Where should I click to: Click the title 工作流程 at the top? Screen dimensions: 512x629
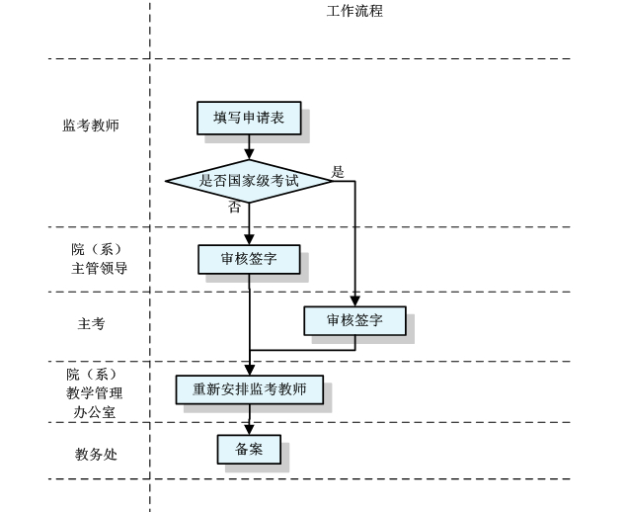coord(354,12)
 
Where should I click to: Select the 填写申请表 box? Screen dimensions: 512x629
coord(249,119)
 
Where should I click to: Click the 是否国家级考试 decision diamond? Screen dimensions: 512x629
coord(249,181)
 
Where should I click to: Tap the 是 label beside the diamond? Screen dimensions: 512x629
coord(339,172)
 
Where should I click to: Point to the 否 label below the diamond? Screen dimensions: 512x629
coord(234,208)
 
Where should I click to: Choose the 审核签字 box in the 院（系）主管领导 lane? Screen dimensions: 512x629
coord(249,259)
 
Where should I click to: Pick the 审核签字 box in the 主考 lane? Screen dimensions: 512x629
coord(354,320)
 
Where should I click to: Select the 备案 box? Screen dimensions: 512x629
coord(249,449)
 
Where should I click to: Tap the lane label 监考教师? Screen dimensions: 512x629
coord(91,126)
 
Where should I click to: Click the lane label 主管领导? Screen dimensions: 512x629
coord(99,267)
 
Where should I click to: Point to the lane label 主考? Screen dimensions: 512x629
coord(91,323)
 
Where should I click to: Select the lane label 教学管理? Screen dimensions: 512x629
coord(95,392)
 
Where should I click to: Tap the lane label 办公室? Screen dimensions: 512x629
coord(95,410)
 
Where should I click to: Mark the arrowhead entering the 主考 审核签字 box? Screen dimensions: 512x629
coord(354,302)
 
